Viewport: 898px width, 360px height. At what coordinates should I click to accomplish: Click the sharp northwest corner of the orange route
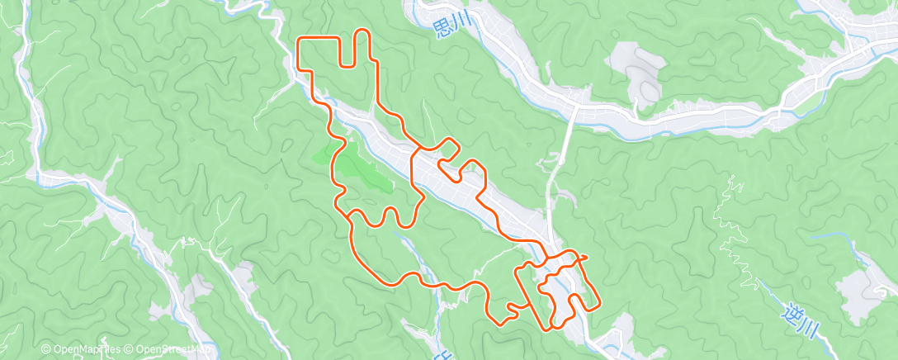tap(299, 39)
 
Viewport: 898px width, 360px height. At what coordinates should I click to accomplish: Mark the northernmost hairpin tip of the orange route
tap(362, 31)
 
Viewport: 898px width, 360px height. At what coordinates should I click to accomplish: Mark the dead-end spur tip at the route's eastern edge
tap(585, 257)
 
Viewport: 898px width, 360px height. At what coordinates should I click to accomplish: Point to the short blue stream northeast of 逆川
tap(834, 237)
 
